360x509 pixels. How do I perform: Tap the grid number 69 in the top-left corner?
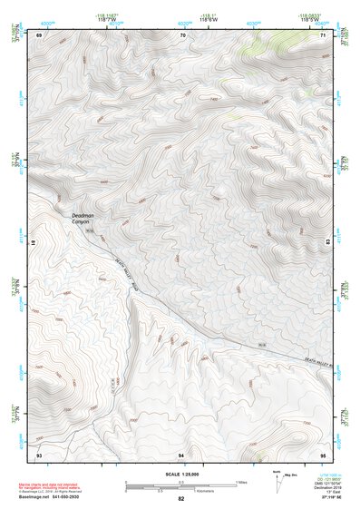(x=39, y=34)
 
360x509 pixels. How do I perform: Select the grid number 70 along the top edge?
(x=182, y=34)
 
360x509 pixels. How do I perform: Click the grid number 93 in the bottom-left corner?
(x=39, y=453)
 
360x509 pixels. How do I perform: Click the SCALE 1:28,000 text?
(x=180, y=474)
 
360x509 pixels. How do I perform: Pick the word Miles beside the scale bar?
(x=240, y=482)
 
